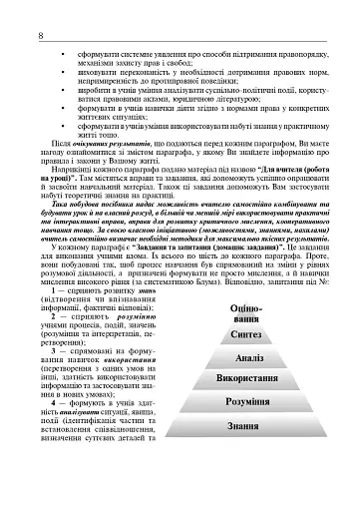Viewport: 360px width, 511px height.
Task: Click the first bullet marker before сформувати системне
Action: tap(63, 50)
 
